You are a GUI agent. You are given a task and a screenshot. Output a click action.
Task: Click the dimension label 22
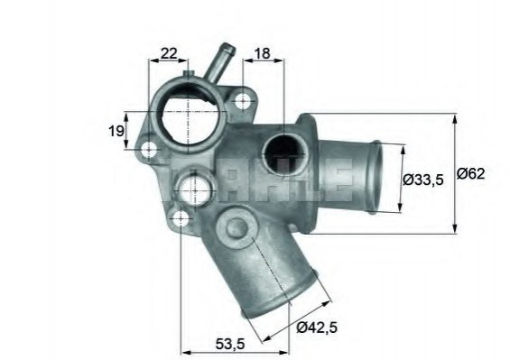(x=169, y=53)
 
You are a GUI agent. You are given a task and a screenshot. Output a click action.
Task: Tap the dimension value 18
(x=262, y=53)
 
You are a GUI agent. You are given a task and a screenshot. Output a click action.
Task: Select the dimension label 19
(x=116, y=131)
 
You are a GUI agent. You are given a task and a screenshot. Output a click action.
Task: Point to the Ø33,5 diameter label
(x=423, y=180)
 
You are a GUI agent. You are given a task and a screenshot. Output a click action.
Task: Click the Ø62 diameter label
(x=470, y=173)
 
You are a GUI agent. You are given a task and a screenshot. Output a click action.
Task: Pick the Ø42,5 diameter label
(x=317, y=327)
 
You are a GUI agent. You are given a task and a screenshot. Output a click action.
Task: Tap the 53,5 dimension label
(x=230, y=344)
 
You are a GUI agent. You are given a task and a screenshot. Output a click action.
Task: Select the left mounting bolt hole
(x=149, y=150)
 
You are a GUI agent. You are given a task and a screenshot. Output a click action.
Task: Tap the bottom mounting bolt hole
(x=181, y=218)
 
